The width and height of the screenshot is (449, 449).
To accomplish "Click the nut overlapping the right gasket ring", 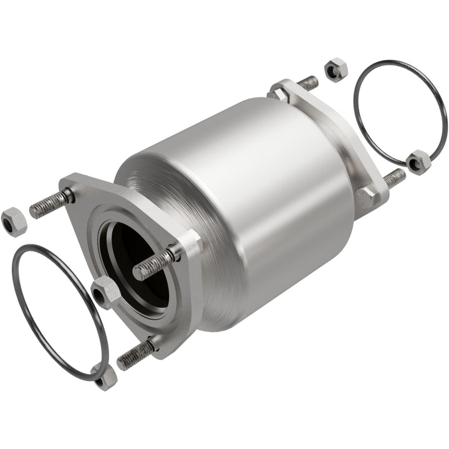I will point(417,161).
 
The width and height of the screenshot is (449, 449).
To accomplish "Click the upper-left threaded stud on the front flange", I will point(50,203).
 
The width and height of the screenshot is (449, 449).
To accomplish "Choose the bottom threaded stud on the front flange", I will point(133,354).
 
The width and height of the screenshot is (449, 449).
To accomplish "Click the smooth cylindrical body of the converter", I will point(262,181).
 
